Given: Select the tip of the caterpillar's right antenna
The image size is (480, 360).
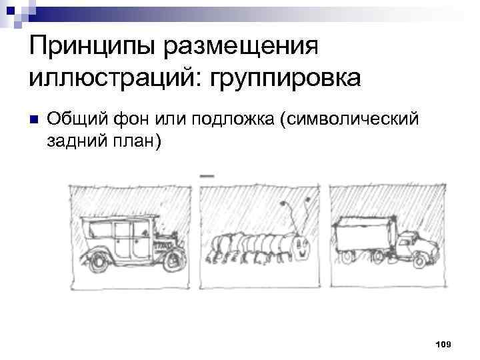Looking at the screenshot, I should (307, 199).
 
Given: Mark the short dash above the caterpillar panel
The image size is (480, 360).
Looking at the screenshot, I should (207, 175).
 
